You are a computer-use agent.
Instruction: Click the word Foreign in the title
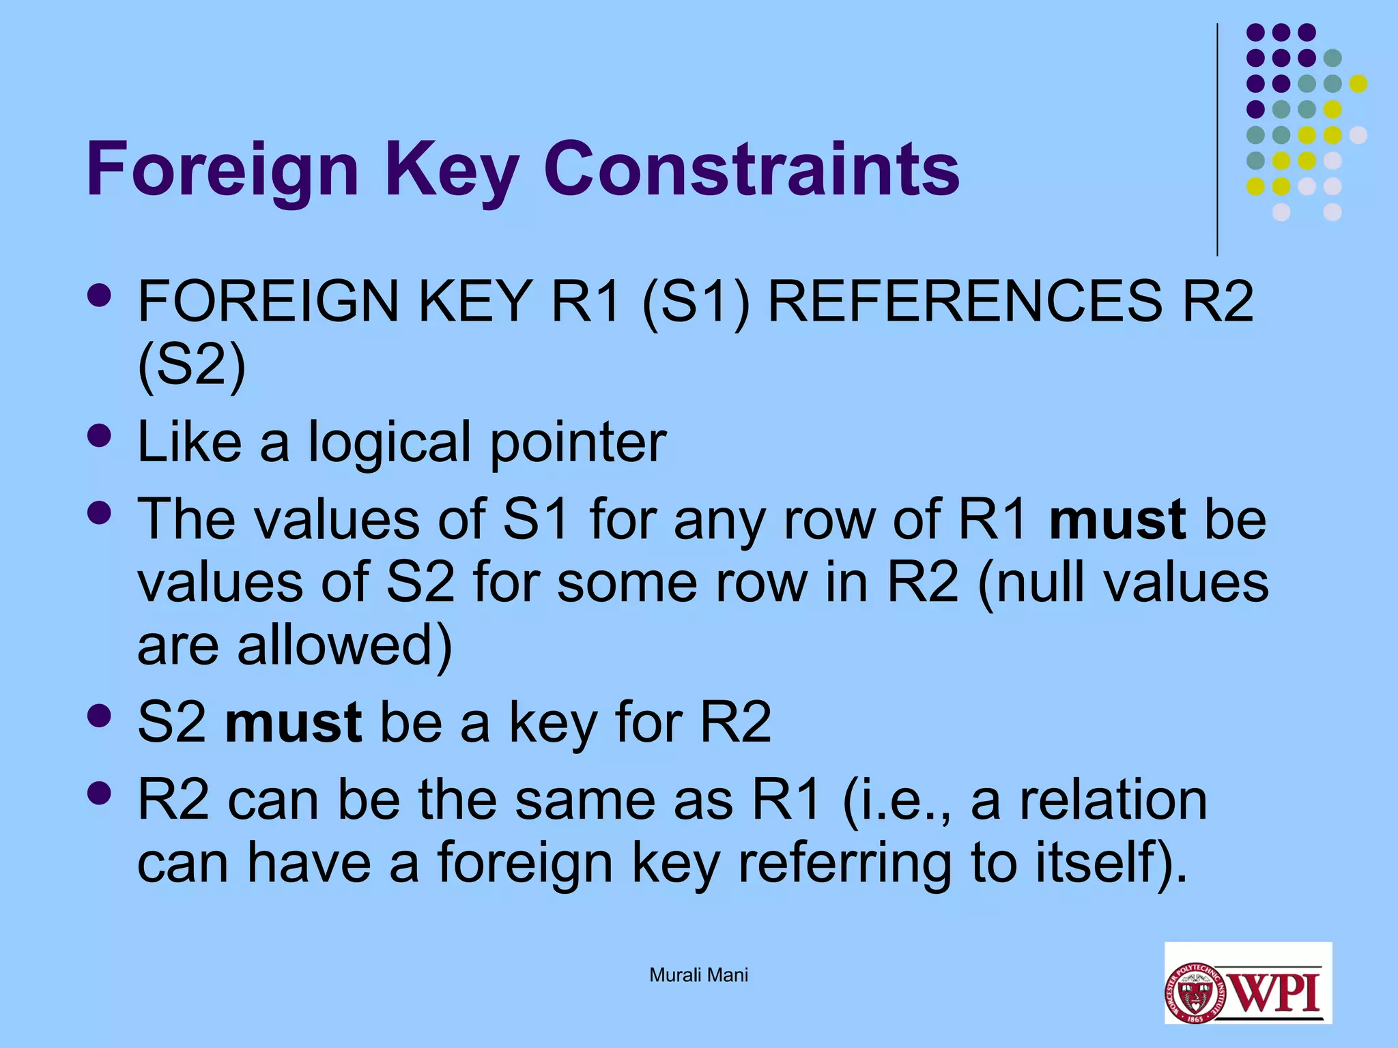point(223,169)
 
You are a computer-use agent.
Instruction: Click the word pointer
point(577,443)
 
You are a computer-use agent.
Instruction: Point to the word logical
point(389,443)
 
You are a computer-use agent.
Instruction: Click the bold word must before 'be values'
point(1117,520)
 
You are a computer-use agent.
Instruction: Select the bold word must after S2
point(294,723)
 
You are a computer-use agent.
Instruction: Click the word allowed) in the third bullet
point(344,645)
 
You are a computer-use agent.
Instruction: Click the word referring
point(845,862)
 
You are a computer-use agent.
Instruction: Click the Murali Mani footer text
point(698,975)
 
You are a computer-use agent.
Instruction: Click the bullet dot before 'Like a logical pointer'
point(100,435)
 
